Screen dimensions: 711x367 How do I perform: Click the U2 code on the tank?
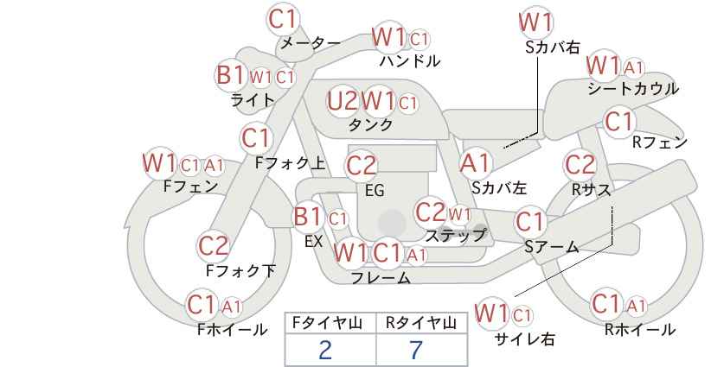pos(343,101)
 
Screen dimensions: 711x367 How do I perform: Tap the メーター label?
pos(311,43)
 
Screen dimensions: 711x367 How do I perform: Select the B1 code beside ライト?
pos(231,74)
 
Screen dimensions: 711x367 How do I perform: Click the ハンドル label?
pos(410,61)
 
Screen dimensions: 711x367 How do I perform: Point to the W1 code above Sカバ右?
pos(536,22)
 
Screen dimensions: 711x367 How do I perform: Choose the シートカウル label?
pos(633,89)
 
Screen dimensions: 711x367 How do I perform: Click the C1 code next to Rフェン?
pos(619,122)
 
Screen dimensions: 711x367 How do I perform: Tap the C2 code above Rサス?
pos(580,164)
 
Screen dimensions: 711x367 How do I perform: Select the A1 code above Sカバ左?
pos(475,163)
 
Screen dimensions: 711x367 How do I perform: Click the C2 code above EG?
pos(361,166)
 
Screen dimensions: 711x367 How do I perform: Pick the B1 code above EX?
pos(308,217)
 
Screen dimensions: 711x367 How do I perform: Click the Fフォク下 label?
pos(240,271)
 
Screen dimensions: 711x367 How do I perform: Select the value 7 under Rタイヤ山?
pos(416,350)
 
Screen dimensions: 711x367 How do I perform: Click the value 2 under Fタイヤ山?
pos(325,350)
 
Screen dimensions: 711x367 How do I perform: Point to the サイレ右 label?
pos(525,339)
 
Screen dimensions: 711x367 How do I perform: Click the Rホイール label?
pos(640,330)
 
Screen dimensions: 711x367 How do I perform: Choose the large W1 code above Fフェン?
pos(160,163)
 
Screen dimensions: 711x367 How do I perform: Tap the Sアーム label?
pos(551,247)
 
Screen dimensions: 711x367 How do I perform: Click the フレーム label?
pos(381,278)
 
